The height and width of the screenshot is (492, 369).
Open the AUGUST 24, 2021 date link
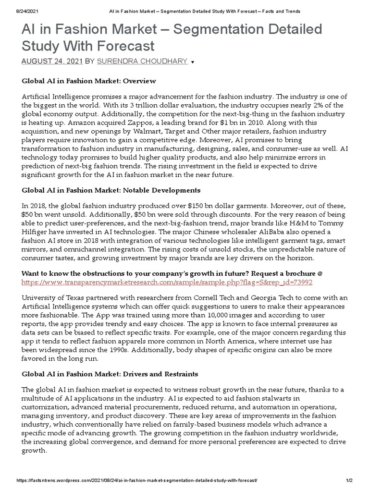(x=52, y=61)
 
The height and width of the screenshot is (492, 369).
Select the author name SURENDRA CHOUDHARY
(x=142, y=61)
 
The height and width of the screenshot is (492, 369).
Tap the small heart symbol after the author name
(x=193, y=62)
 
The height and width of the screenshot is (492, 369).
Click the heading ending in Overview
(x=89, y=81)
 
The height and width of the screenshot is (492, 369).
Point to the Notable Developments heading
(x=111, y=190)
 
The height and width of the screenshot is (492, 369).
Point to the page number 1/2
(x=349, y=481)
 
